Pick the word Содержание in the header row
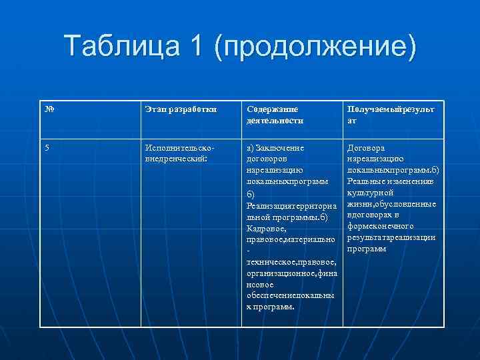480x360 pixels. point(272,109)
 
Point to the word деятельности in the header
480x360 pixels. point(275,121)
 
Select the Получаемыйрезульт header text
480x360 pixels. point(390,109)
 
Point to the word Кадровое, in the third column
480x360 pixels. point(267,229)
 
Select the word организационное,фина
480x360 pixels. point(292,273)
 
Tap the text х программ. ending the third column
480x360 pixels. point(270,307)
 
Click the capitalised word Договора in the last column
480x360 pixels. point(366,148)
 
